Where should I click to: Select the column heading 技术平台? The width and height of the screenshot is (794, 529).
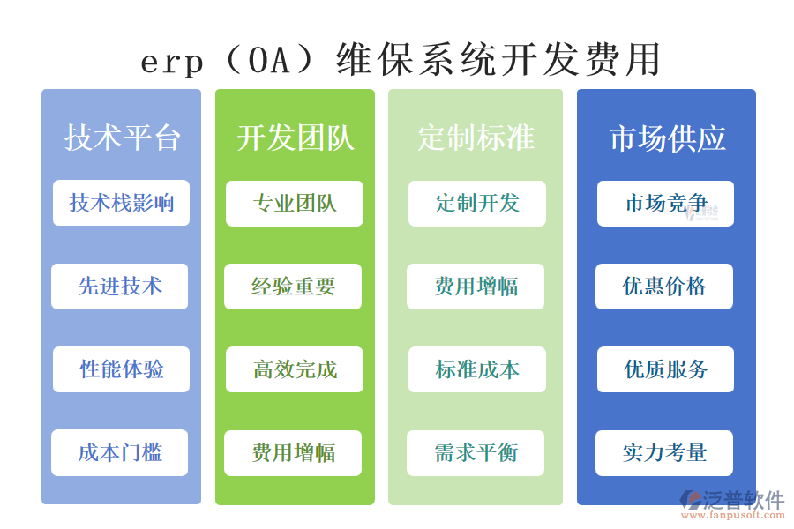(122, 138)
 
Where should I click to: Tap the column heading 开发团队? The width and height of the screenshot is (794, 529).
(295, 138)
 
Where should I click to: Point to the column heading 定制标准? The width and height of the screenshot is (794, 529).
(476, 138)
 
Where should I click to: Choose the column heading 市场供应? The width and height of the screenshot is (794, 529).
(667, 138)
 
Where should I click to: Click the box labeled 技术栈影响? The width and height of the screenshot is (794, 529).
(121, 203)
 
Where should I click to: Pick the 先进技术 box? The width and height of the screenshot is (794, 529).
(120, 287)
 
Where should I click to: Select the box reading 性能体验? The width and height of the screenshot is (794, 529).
(121, 369)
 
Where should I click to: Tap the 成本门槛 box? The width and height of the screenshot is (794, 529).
(120, 452)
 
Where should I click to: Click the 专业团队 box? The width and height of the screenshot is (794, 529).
(295, 204)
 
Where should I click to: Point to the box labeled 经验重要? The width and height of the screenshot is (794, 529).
(293, 287)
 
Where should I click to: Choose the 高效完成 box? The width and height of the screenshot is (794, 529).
(295, 369)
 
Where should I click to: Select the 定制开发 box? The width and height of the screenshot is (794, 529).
(477, 204)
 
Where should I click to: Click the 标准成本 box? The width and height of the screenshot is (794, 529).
(477, 369)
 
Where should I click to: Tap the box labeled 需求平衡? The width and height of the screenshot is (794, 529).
(476, 453)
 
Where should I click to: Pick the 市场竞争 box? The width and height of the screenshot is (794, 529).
(665, 204)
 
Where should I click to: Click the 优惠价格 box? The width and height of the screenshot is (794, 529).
(664, 287)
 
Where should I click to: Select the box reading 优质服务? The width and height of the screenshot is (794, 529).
(665, 369)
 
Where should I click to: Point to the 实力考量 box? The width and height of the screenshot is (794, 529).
(664, 453)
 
